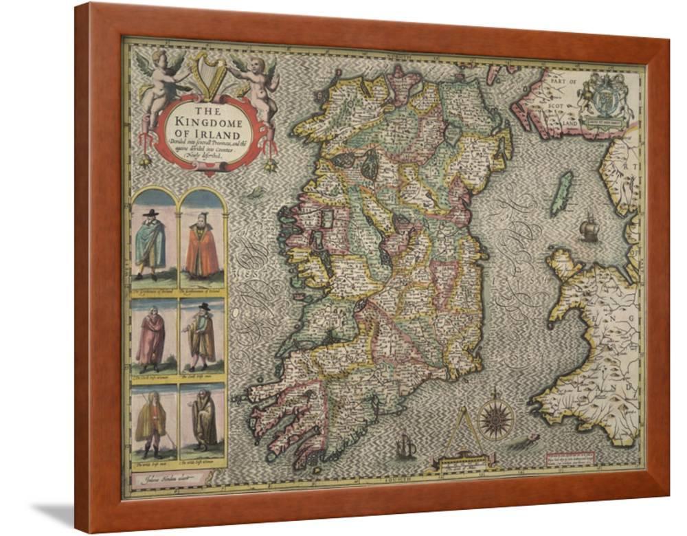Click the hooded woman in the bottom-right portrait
[x=203, y=421]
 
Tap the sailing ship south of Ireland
[x=405, y=450]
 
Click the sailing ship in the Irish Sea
[x=589, y=229]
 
